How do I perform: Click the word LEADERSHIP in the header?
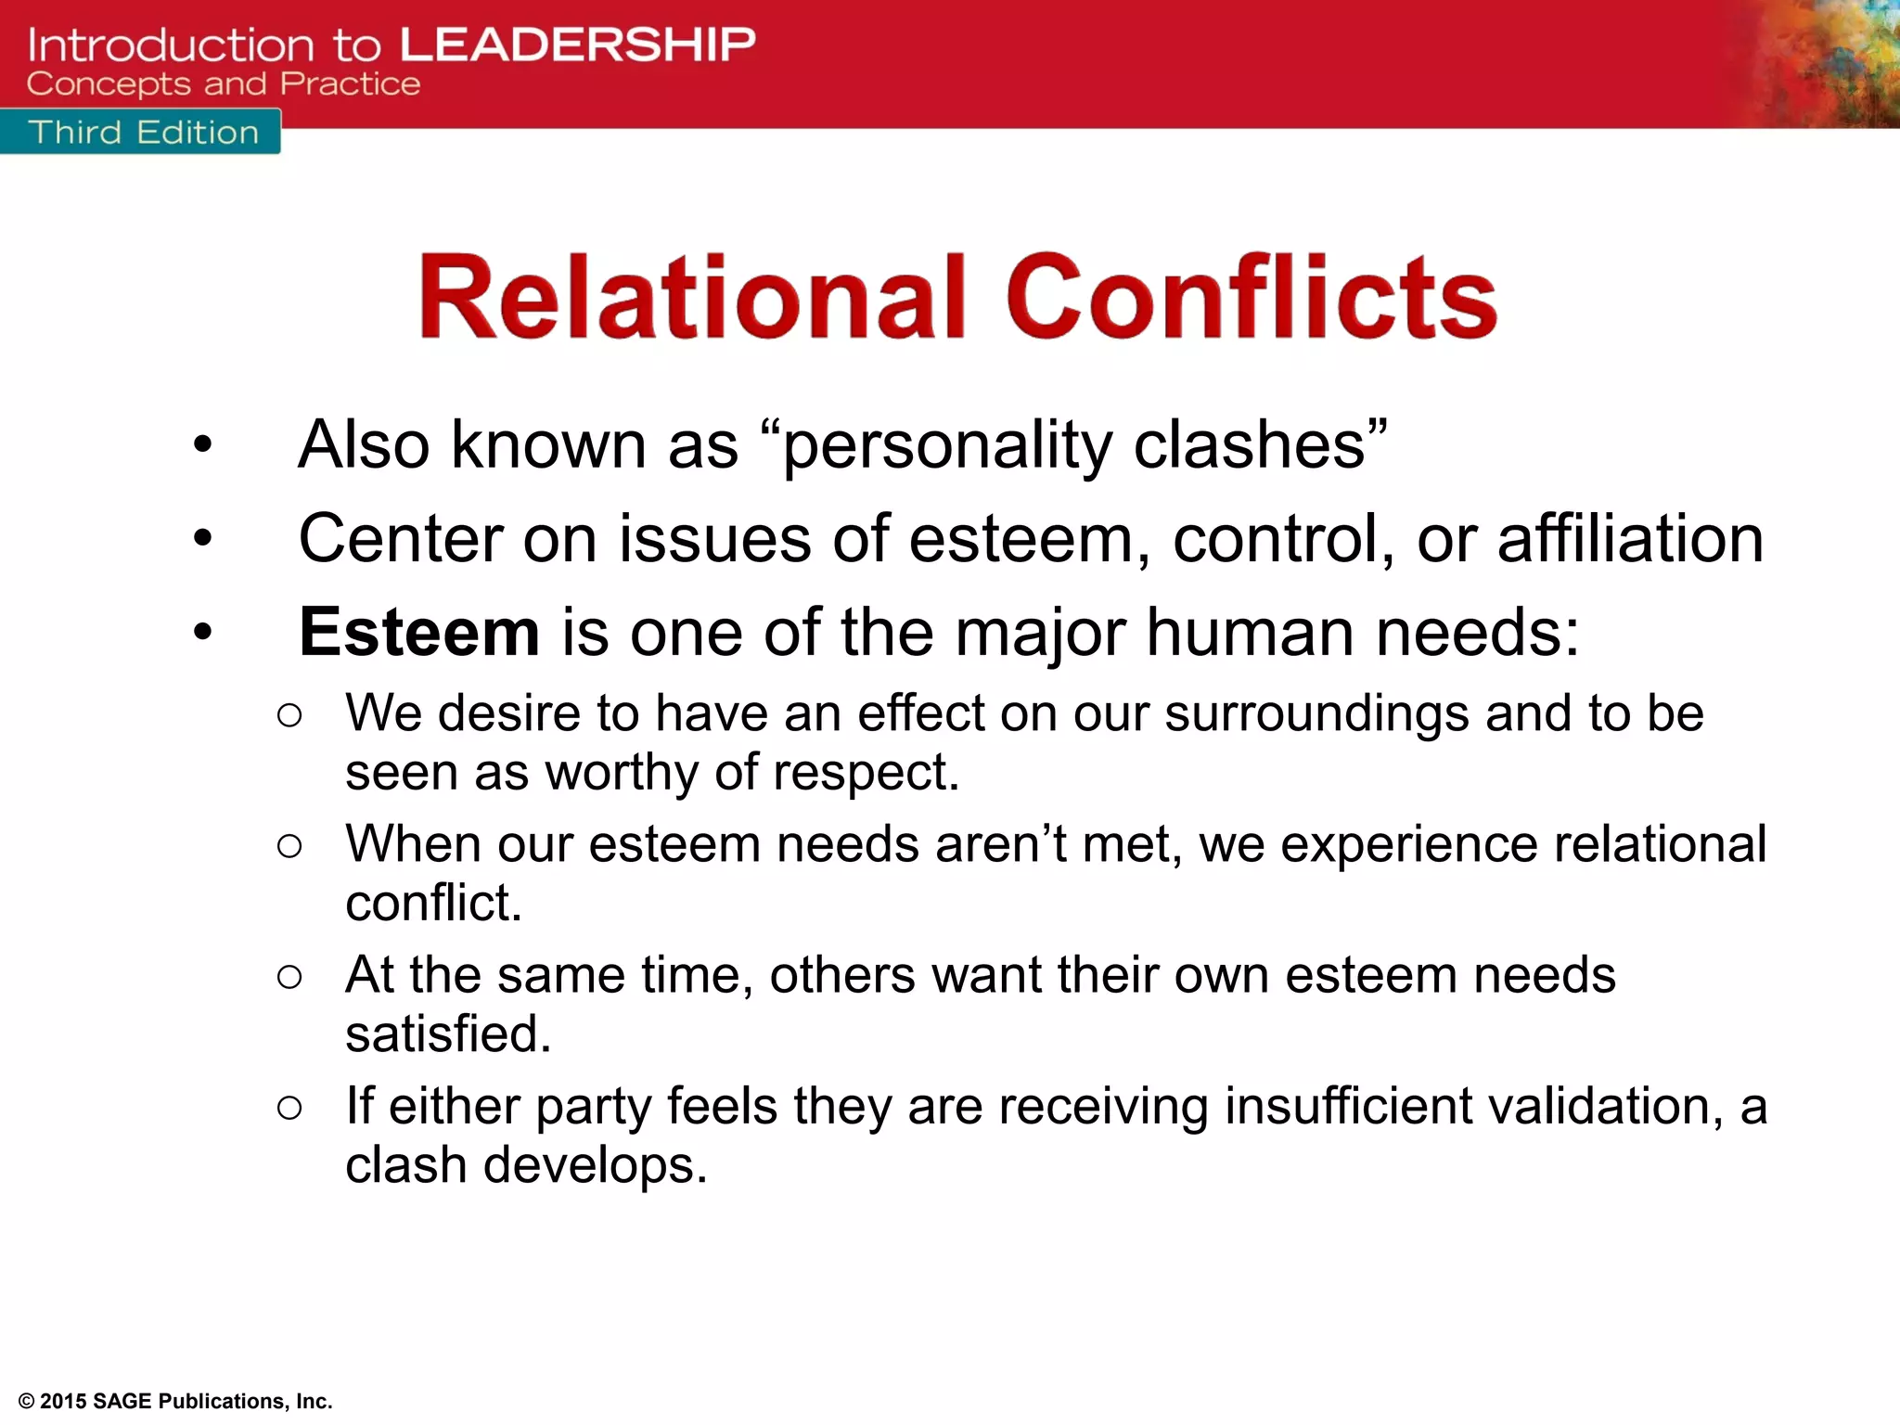577,45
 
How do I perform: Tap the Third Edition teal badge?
142,133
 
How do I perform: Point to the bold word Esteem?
419,633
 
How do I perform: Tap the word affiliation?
1630,539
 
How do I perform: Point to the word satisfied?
448,1033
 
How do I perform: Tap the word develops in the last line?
595,1165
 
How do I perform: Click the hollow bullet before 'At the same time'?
289,977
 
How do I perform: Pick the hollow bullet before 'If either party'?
289,1108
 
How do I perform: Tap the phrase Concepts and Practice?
224,84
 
